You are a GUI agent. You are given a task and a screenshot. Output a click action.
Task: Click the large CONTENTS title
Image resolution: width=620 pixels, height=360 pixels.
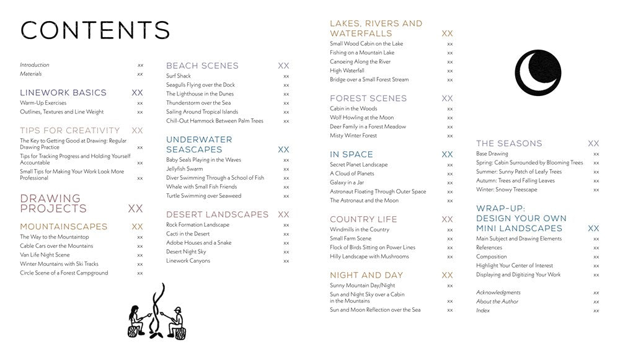click(x=95, y=30)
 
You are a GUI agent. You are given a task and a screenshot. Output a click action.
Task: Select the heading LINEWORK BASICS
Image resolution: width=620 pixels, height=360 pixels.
click(x=63, y=92)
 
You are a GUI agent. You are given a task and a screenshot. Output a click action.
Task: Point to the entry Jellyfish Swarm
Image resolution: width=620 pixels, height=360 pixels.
click(x=184, y=169)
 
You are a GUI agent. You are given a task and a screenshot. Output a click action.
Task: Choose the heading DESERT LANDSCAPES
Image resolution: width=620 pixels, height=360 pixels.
click(x=217, y=214)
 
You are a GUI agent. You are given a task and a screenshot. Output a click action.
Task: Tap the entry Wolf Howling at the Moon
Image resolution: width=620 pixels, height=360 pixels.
click(x=361, y=118)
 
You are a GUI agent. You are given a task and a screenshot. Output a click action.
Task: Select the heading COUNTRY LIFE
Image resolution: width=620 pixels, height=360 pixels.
click(x=363, y=219)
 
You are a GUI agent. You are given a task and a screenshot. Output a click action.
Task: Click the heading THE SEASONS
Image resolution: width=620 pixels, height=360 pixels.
click(x=509, y=143)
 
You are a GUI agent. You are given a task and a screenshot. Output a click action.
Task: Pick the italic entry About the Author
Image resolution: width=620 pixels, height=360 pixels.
click(x=497, y=302)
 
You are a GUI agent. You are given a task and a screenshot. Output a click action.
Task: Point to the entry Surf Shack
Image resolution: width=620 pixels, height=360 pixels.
click(x=179, y=76)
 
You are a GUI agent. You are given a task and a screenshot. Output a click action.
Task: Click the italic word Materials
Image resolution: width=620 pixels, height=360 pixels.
click(x=31, y=74)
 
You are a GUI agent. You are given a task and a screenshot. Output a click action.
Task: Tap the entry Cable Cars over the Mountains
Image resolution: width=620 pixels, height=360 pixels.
click(x=56, y=246)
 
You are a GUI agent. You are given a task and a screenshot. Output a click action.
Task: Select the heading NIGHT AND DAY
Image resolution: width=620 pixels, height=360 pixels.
click(x=366, y=274)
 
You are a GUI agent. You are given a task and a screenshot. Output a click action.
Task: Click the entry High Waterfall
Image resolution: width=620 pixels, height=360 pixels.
click(x=347, y=71)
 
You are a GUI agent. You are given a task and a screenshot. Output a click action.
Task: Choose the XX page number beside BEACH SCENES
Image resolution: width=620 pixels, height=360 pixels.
click(x=283, y=66)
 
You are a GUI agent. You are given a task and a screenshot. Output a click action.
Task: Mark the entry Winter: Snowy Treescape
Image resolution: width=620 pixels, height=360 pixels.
click(x=507, y=190)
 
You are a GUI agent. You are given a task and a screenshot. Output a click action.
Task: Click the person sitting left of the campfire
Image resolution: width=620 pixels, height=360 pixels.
click(x=136, y=320)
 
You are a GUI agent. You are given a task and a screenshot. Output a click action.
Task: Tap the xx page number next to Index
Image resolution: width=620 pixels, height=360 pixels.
click(x=596, y=310)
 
